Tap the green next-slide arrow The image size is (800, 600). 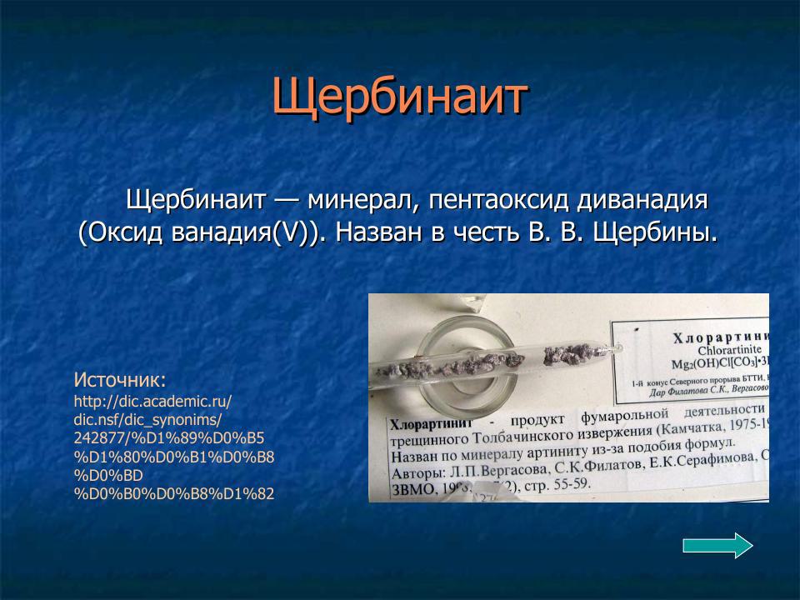[x=717, y=546]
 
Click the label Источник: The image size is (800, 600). [x=120, y=380]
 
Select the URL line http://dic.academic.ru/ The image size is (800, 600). [x=152, y=401]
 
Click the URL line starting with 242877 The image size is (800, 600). [x=168, y=437]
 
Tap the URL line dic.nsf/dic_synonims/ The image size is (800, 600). [x=147, y=419]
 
